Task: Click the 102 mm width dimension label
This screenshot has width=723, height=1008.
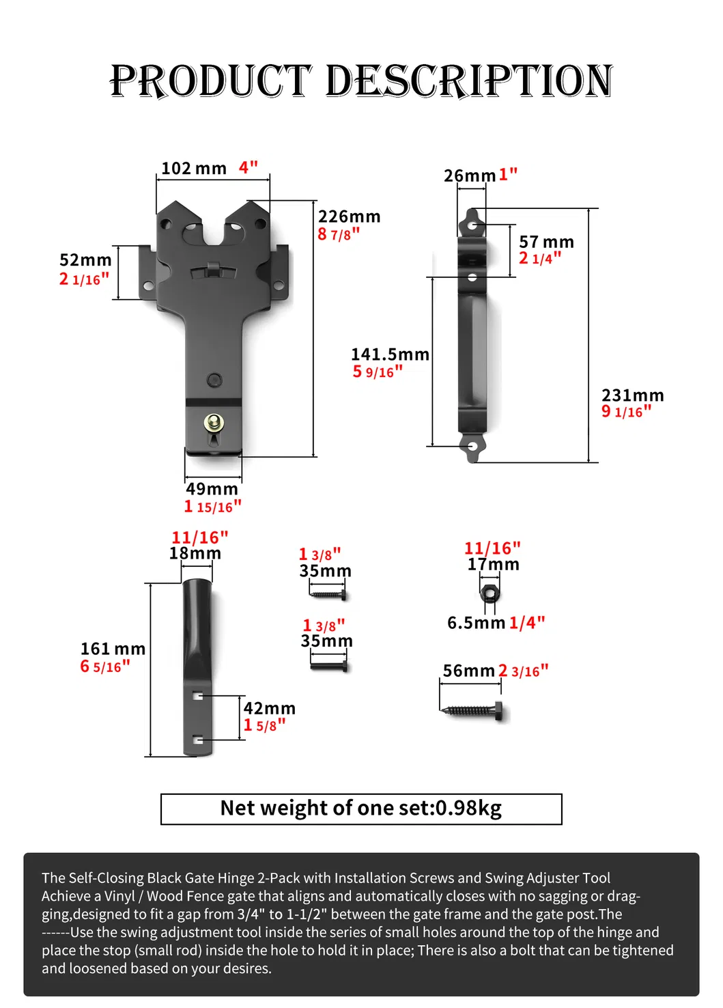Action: (x=193, y=168)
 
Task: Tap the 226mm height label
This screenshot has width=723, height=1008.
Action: (x=349, y=216)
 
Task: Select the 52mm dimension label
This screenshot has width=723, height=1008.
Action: (x=85, y=260)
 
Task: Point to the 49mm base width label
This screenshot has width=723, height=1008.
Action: (x=212, y=489)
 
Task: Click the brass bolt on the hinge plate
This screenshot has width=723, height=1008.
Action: (x=214, y=423)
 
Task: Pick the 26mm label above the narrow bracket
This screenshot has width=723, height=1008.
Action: (x=469, y=176)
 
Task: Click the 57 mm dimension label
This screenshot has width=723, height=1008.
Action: (x=546, y=242)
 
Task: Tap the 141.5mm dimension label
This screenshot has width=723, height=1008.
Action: (x=390, y=354)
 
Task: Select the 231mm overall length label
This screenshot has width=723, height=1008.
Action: (x=632, y=395)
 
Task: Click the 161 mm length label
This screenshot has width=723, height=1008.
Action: (x=113, y=649)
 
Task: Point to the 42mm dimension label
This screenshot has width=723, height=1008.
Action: (x=269, y=708)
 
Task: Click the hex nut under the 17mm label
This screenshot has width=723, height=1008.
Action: (x=489, y=591)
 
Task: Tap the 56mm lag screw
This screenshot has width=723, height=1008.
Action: (x=474, y=710)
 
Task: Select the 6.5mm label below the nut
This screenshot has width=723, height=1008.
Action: (x=476, y=623)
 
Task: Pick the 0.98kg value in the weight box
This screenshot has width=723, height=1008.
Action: (x=468, y=809)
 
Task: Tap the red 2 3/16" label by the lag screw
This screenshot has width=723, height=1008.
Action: (x=523, y=671)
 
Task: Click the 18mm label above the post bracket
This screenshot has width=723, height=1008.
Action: (x=195, y=553)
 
